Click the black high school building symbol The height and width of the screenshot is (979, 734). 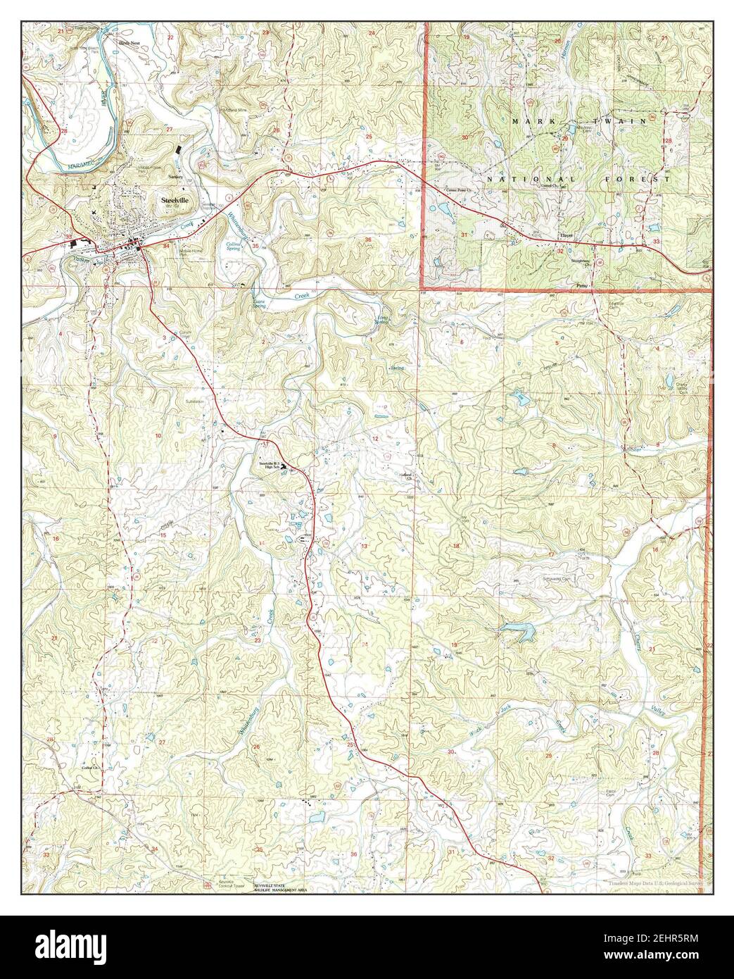click(x=284, y=466)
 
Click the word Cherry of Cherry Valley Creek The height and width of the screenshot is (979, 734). click(x=635, y=661)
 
